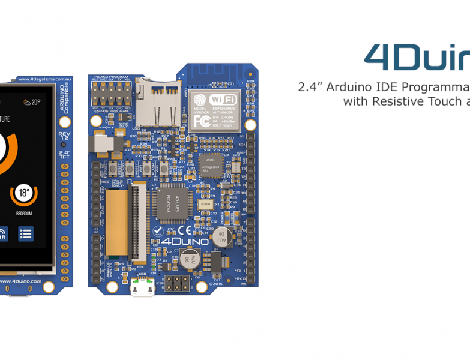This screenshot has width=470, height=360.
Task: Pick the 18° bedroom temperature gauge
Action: (24, 194)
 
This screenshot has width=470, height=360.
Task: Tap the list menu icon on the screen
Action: (25, 234)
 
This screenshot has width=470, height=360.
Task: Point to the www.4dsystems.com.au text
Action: (45, 78)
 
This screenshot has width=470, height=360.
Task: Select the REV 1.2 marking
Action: (64, 136)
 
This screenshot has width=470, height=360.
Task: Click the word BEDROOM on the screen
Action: (24, 213)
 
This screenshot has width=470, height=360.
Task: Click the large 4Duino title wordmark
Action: (417, 57)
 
